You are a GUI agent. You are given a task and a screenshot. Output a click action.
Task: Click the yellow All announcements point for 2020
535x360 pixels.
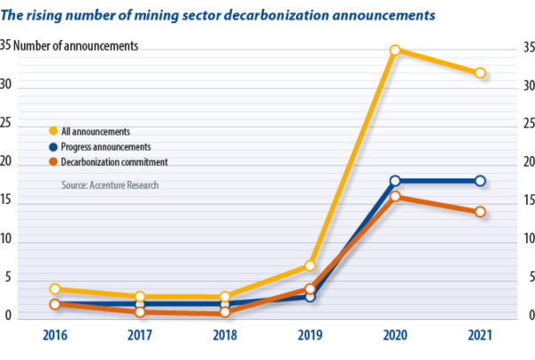click(395, 50)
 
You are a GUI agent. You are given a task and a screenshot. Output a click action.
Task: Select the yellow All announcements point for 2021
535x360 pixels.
click(480, 73)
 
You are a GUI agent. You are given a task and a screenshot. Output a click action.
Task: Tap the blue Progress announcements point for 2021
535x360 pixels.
click(480, 181)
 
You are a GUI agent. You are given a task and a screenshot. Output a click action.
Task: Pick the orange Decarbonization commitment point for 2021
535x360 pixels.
click(480, 212)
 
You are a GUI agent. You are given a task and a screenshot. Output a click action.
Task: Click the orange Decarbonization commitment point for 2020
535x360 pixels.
click(395, 197)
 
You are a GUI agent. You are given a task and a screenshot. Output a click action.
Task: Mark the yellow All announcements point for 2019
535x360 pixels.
click(309, 266)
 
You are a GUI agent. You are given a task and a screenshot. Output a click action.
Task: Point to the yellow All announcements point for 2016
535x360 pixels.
click(54, 289)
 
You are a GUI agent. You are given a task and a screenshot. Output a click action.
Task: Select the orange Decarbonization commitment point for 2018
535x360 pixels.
click(225, 313)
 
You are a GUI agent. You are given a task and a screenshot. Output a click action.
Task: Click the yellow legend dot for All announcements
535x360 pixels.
click(53, 131)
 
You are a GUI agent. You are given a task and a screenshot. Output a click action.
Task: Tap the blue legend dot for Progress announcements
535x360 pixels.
click(53, 146)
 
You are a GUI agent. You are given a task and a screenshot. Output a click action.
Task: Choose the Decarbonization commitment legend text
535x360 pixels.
click(115, 161)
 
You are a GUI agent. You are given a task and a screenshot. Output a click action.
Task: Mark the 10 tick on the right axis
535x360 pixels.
click(525, 241)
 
